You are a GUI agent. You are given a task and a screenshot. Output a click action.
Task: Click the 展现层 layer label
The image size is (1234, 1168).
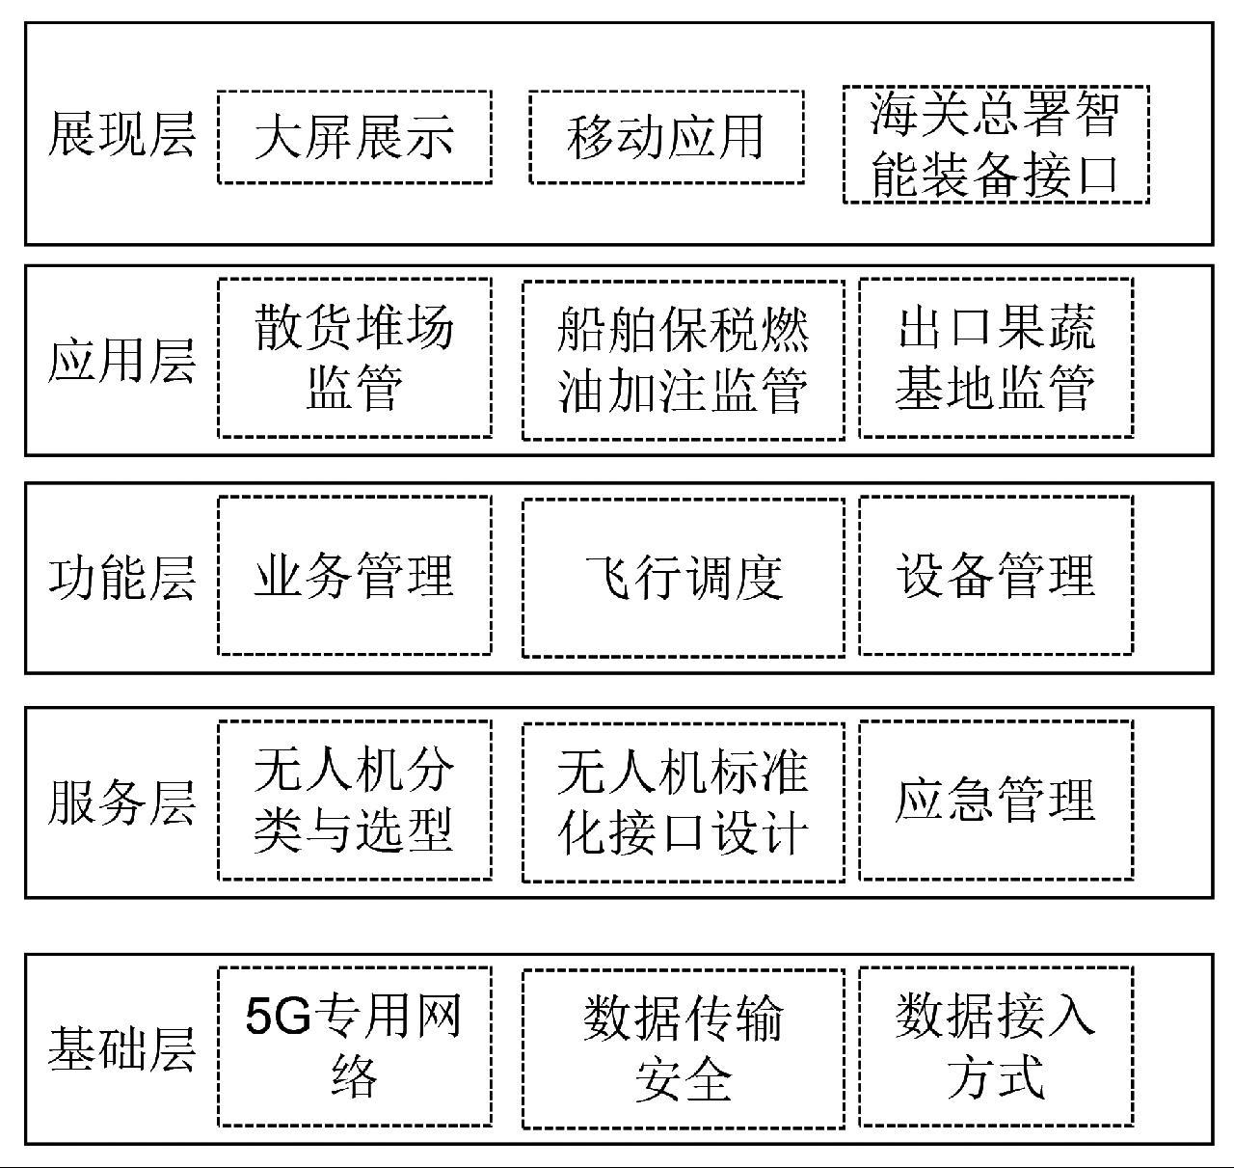pos(121,135)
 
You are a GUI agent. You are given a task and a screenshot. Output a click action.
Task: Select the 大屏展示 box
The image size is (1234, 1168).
pos(354,137)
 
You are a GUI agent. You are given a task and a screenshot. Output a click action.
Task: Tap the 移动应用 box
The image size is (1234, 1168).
pos(666,137)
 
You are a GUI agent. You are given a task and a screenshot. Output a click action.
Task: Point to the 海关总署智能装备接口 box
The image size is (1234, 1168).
pos(995,145)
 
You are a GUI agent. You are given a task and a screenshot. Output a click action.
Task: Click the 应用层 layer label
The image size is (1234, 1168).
pos(121,361)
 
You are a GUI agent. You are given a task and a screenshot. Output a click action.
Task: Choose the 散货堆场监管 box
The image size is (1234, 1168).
pos(354,359)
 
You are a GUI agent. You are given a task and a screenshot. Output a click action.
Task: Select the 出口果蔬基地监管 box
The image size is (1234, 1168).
pos(995,359)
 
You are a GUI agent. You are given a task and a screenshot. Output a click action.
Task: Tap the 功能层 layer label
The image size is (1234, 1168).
pos(121,577)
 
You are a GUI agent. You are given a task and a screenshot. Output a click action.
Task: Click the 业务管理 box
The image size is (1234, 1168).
pos(354,576)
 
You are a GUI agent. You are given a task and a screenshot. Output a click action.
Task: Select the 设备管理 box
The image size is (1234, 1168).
pos(995,576)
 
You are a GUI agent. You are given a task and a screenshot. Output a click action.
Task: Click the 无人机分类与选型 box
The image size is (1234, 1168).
pos(354,801)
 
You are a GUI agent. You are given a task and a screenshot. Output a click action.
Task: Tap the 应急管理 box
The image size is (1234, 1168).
pos(995,801)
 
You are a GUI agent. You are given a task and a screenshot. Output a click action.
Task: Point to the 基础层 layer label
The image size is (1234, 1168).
pos(121,1049)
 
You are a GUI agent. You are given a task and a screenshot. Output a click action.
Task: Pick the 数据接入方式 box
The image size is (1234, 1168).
pos(995,1047)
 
